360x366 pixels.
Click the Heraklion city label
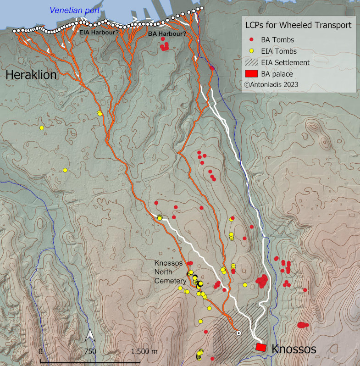[x=31, y=75]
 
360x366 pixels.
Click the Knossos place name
[x=294, y=349]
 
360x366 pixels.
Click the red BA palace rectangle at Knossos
[x=261, y=347]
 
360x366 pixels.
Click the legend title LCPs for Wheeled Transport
[x=299, y=26]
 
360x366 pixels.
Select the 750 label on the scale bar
[x=90, y=351]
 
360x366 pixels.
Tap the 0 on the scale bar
[x=41, y=351]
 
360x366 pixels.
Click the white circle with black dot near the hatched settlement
[x=238, y=333]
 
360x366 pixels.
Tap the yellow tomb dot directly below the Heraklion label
[x=41, y=128]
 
